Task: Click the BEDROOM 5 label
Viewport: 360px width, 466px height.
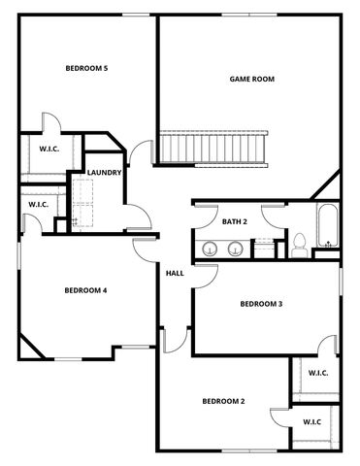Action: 86,68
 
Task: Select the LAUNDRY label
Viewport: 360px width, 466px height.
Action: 104,173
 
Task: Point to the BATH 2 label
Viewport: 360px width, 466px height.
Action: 235,222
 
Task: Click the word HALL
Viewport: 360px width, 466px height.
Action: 175,273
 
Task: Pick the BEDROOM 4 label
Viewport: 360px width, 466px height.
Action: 85,290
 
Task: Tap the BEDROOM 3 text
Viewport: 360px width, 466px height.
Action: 261,304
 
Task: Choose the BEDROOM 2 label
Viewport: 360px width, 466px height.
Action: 223,401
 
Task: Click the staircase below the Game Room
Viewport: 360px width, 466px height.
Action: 213,149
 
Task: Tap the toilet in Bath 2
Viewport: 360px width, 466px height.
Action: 300,244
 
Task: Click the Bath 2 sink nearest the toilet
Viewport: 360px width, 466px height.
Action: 235,249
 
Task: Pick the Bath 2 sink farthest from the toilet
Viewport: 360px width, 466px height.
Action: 211,249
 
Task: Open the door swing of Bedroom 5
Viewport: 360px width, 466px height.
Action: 144,153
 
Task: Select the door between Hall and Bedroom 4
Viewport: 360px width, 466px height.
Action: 145,248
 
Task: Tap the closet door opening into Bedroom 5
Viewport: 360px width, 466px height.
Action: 50,124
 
